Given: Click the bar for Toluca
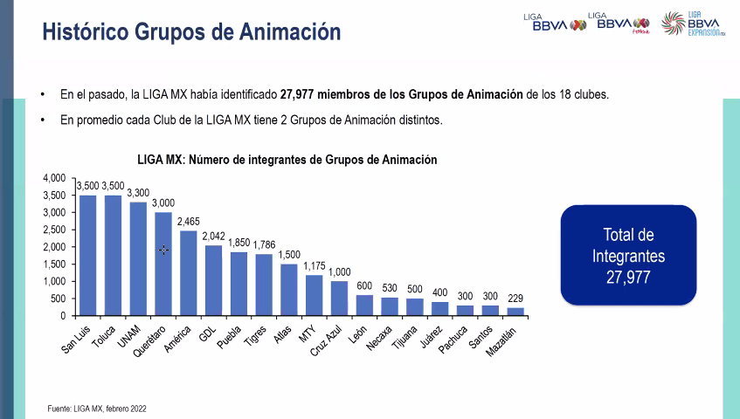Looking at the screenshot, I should pos(113,255).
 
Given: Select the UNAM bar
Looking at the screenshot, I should pos(138,258).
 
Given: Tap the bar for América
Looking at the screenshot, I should pos(189,272).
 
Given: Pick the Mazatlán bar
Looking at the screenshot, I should pos(515,311).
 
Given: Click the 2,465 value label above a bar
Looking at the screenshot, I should pos(189,223).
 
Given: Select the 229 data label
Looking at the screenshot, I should pos(515,299).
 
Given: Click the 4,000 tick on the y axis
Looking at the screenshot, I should pos(54,178).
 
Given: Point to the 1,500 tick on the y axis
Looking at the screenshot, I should pos(54,264).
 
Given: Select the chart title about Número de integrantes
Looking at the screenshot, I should pos(287,160).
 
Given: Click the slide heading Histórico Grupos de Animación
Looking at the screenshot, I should pos(191,32).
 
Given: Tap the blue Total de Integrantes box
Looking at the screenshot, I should pos(628,255).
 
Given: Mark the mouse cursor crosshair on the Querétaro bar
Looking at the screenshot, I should pos(163,250).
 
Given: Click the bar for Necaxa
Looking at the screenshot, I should pos(390,306).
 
